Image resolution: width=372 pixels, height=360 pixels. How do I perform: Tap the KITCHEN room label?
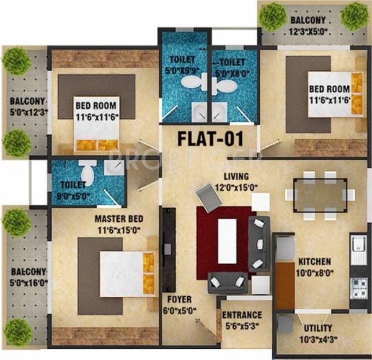314,261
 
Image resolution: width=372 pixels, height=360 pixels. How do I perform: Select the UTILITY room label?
318,327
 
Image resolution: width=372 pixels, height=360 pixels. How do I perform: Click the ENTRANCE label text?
242,315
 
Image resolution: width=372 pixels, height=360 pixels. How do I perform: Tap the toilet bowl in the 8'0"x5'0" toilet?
87,170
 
